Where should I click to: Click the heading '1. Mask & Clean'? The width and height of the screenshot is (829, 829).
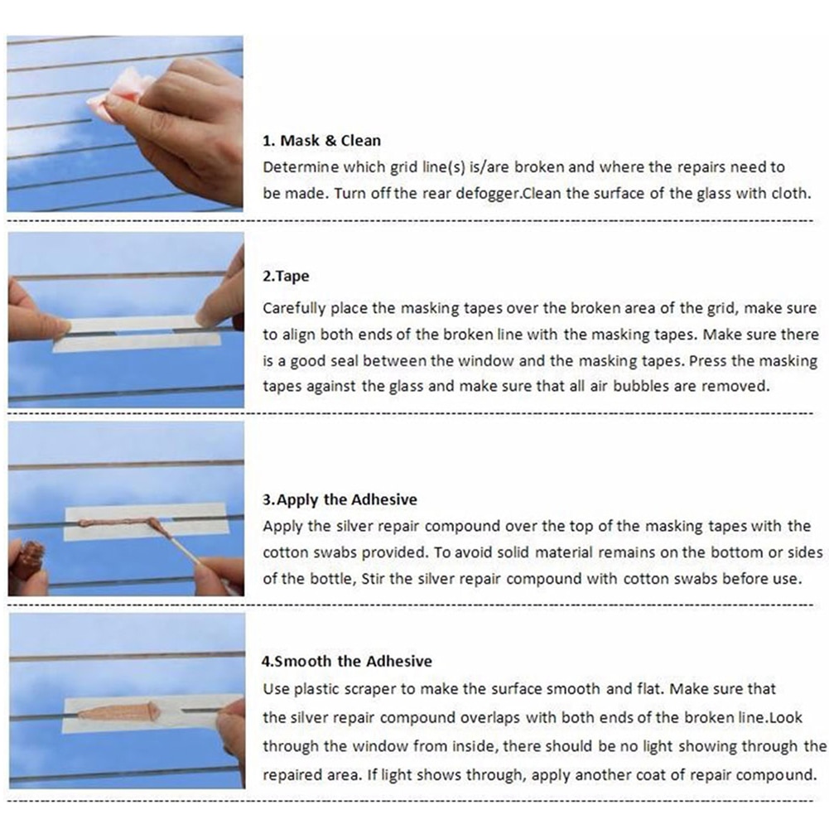click(321, 140)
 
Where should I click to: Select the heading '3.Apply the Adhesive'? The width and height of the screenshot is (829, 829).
click(340, 499)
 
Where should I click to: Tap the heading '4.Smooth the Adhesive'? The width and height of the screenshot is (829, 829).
click(347, 661)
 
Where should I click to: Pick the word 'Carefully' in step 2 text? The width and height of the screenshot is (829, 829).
click(293, 308)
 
